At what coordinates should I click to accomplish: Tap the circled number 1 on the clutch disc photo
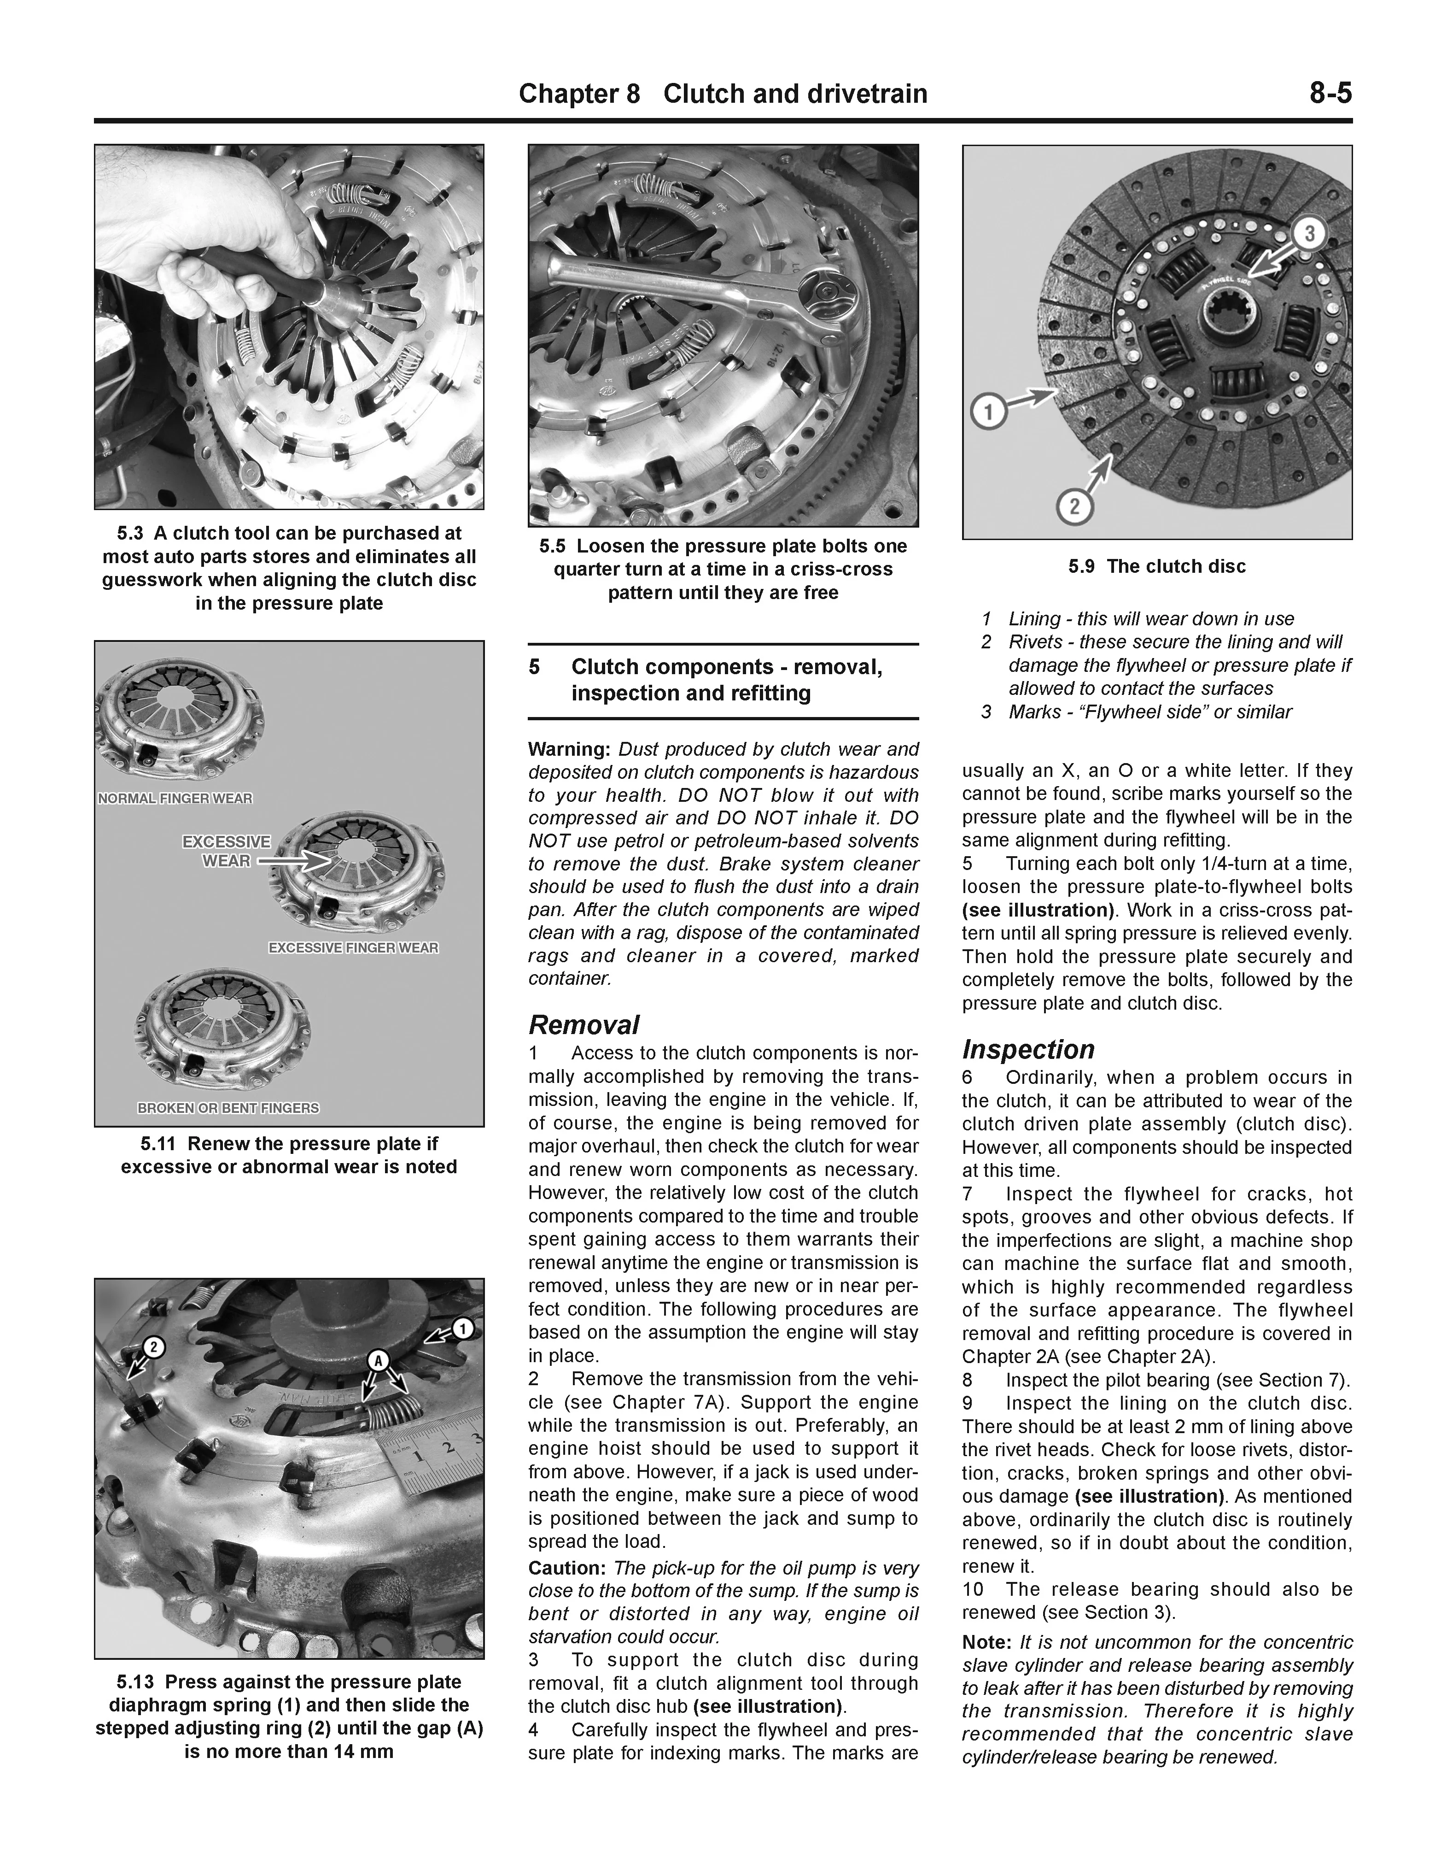[987, 414]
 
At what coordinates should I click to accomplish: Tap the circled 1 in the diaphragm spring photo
[462, 1329]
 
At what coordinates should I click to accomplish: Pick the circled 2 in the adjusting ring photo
[152, 1346]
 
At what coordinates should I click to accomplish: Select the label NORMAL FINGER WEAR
[175, 799]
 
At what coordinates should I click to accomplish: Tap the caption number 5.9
[1083, 566]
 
